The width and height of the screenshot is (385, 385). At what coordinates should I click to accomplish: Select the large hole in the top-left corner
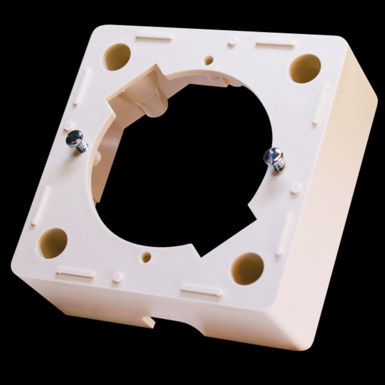(117, 57)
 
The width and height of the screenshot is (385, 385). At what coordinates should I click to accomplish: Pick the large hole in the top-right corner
(305, 68)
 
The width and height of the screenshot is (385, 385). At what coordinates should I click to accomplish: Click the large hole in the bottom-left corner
(54, 243)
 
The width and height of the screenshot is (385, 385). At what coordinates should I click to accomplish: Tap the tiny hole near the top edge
(209, 60)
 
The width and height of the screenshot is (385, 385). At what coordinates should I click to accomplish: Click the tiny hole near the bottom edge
(146, 258)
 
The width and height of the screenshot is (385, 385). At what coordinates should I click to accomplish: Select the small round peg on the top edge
(232, 41)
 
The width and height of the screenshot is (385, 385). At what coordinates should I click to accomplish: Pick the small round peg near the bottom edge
(118, 277)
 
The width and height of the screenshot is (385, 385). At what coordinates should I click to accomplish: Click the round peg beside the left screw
(68, 126)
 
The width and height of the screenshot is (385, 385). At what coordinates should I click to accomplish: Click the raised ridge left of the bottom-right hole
(201, 290)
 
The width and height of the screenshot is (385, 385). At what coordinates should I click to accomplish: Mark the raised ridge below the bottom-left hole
(75, 272)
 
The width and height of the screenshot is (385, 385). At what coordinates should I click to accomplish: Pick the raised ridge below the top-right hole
(320, 104)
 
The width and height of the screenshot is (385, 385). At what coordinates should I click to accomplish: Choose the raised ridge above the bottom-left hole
(40, 205)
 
